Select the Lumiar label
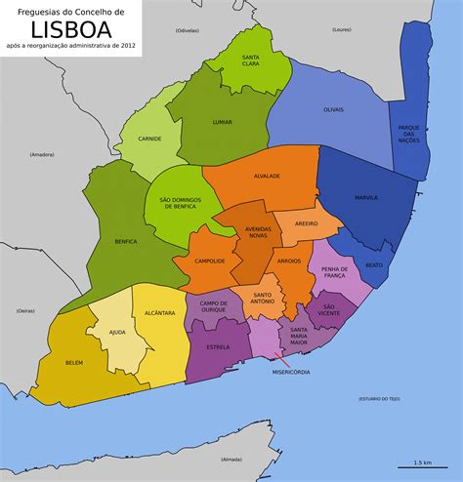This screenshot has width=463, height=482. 221,122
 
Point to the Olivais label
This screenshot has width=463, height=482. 333,109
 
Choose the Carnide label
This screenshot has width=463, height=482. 149,139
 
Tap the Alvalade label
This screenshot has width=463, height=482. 267,177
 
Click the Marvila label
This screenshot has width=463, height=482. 366,198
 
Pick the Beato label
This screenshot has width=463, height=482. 374,264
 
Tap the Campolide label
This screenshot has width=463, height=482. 210,261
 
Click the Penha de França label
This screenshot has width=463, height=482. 335,272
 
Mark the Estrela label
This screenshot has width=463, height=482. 218,347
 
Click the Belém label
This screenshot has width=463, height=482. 74,362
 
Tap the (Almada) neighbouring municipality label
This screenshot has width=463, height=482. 231,458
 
